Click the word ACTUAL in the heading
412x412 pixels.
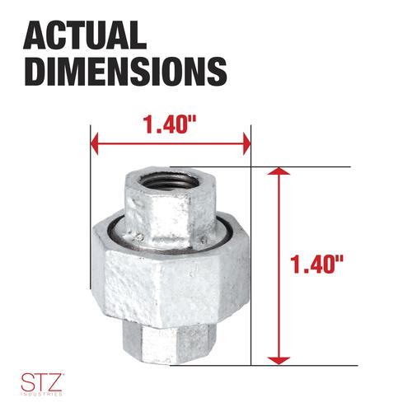(x=85, y=35)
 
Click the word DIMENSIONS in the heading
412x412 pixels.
(x=125, y=71)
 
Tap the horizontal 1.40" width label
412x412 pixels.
(x=171, y=124)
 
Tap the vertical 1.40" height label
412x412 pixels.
(x=316, y=265)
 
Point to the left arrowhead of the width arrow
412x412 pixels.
(x=94, y=144)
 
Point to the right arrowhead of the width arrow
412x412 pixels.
(x=247, y=144)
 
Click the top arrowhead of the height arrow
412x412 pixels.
(x=279, y=171)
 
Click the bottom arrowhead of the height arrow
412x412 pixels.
(x=279, y=361)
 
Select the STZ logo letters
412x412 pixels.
(x=41, y=382)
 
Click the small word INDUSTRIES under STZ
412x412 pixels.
(x=41, y=395)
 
